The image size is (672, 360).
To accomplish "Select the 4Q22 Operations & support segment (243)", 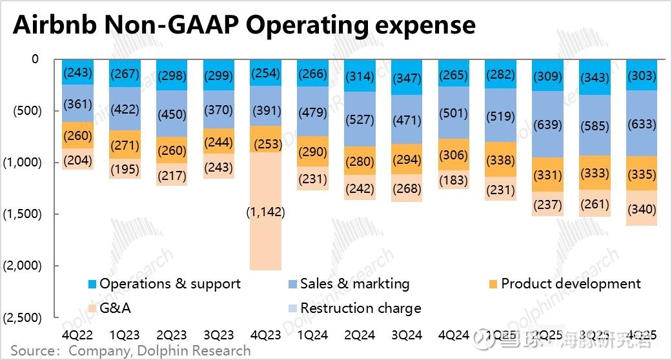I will click(x=77, y=72).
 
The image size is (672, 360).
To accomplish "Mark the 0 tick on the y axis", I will click(x=35, y=59).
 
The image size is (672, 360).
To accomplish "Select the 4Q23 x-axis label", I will click(x=267, y=335).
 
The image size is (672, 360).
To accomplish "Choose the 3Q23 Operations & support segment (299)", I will click(x=219, y=74).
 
